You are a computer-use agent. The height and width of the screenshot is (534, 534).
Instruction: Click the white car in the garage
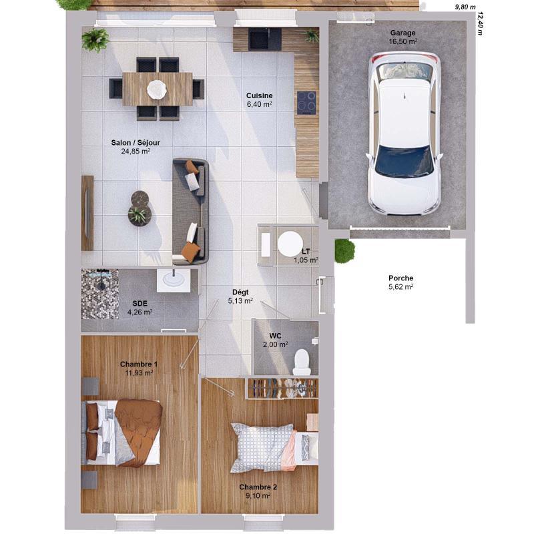click(x=404, y=133)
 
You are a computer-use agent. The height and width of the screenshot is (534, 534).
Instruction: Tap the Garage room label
click(x=403, y=33)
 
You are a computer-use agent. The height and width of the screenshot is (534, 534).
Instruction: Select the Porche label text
click(x=400, y=278)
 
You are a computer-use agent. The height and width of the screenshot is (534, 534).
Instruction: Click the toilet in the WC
click(x=302, y=361)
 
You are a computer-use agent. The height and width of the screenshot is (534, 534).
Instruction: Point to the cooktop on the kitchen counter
click(x=306, y=102)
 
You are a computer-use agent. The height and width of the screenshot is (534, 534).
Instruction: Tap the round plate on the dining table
click(x=157, y=88)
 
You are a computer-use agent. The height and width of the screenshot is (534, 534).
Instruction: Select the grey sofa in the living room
click(x=190, y=210)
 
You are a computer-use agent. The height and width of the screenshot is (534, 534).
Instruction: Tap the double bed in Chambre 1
click(x=123, y=433)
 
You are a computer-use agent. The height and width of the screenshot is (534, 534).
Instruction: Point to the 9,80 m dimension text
click(x=465, y=7)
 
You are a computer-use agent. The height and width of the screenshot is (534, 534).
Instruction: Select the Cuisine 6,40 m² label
click(x=259, y=100)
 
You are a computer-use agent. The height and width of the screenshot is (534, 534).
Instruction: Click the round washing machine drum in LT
click(x=290, y=243)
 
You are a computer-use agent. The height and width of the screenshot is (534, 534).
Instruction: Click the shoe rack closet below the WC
click(x=282, y=388)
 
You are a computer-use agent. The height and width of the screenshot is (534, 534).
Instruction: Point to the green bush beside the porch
click(x=344, y=250)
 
